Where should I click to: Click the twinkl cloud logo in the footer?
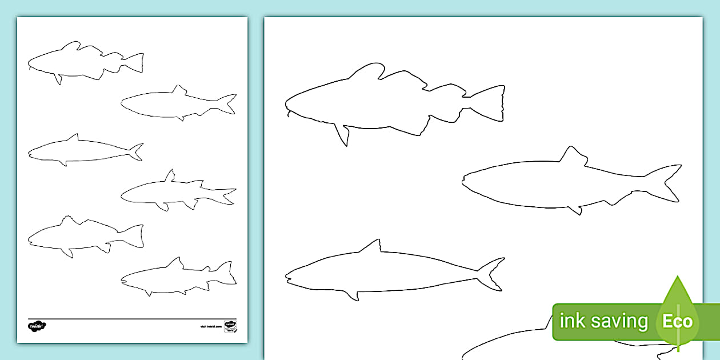pos(37,326)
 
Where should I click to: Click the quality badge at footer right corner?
pos(230,326)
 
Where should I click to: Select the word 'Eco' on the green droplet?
pos(677,321)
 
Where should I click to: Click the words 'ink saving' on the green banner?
pos(603,321)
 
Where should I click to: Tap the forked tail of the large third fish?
pos(492,274)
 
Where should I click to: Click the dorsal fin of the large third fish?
pos(371,247)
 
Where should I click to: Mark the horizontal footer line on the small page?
pos(131,319)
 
